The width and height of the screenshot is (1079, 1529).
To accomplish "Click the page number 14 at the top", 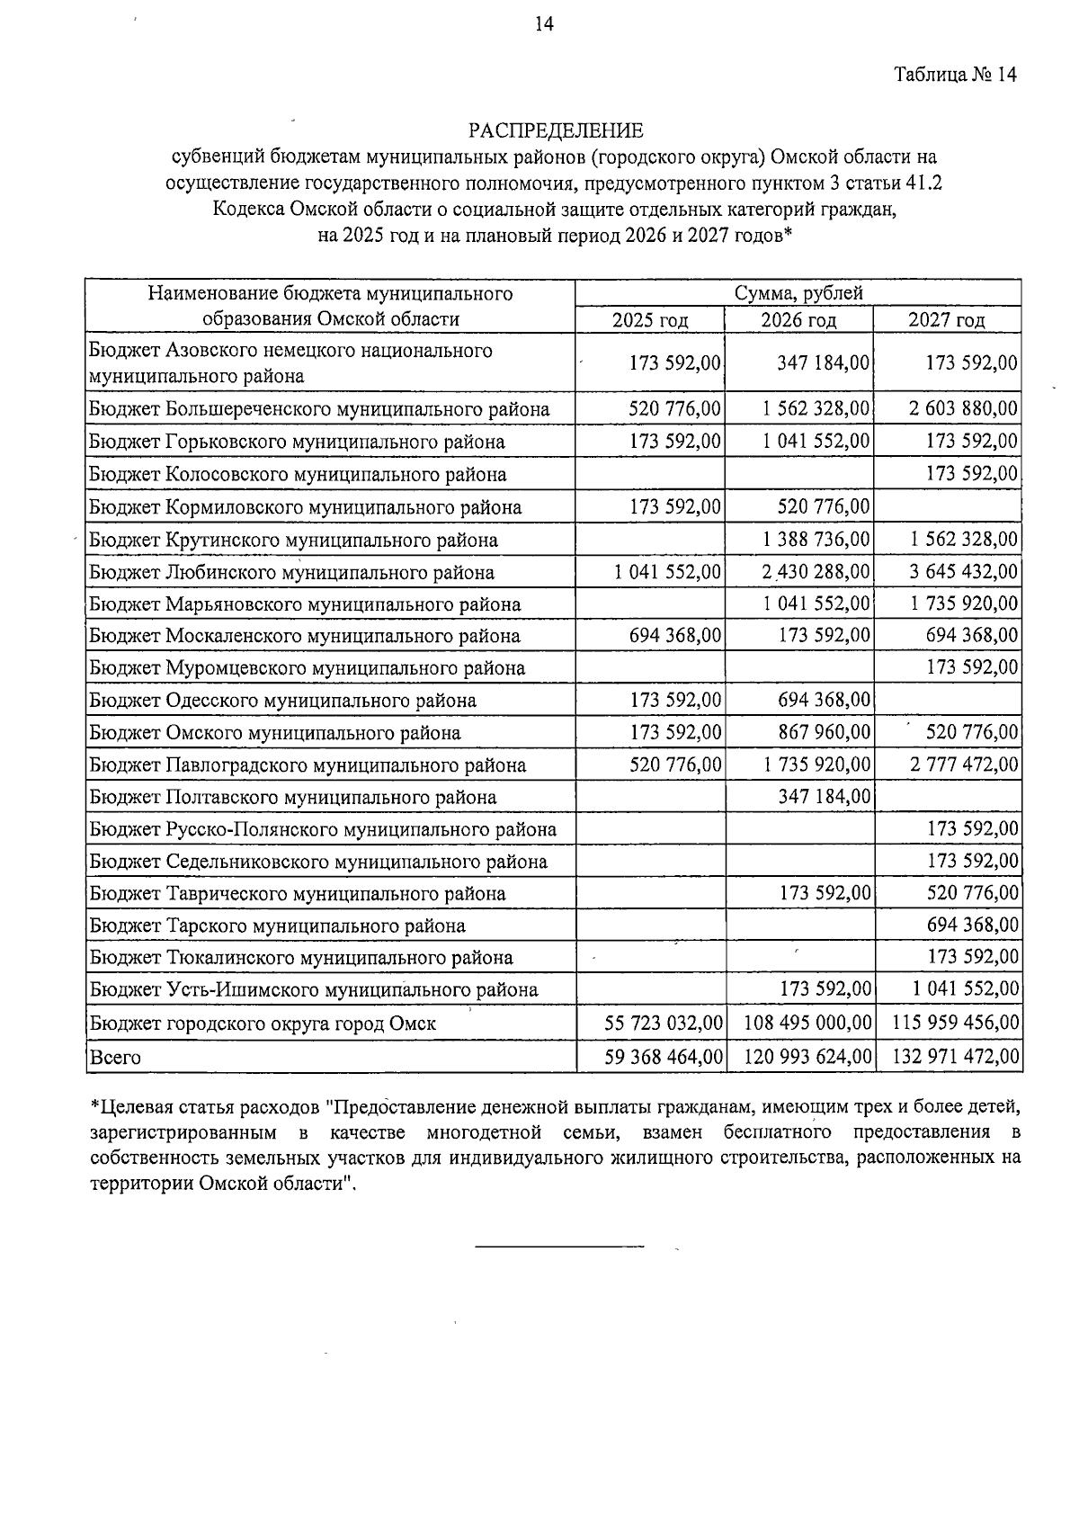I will click(544, 24).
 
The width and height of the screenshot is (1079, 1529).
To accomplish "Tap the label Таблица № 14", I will click(955, 75).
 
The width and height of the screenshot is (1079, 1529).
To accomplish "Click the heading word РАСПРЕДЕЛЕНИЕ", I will click(555, 131).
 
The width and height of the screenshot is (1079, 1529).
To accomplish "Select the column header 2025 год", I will click(649, 320).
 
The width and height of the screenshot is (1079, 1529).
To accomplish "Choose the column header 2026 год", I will click(798, 320).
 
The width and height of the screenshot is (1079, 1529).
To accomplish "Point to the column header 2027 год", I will click(946, 320).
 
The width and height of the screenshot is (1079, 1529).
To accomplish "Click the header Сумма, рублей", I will click(798, 293).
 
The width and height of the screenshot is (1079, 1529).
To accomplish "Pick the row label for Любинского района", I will click(291, 572).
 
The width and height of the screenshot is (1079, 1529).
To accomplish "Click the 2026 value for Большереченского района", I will click(816, 409).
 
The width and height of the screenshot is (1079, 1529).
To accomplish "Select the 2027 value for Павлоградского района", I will click(963, 765).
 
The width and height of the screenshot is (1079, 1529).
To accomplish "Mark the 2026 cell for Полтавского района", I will click(824, 797).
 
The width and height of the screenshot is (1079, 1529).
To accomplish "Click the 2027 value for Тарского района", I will click(972, 925).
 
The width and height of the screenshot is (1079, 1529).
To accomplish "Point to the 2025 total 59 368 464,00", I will click(664, 1057).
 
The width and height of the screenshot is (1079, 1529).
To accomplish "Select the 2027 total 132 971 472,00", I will click(956, 1057).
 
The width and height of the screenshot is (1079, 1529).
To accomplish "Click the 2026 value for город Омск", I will click(807, 1023).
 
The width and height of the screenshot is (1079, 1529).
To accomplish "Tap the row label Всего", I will click(115, 1058).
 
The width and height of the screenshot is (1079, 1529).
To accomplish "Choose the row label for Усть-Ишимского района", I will click(313, 990).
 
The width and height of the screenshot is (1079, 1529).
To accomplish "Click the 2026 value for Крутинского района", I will click(816, 540).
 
